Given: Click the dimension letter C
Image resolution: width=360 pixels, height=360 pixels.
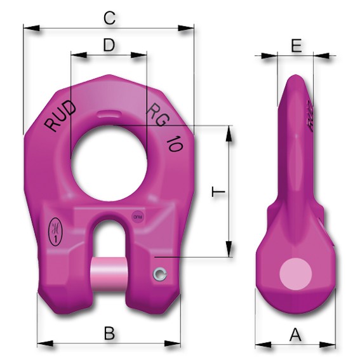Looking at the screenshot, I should [x=109, y=18].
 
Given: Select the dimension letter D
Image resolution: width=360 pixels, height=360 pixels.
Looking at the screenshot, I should [x=109, y=45].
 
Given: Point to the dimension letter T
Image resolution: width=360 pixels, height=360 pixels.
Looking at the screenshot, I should [x=218, y=192].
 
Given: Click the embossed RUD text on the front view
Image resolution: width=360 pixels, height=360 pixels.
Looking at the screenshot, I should [x=62, y=116].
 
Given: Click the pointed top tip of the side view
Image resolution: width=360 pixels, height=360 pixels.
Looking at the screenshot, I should [x=296, y=76].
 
